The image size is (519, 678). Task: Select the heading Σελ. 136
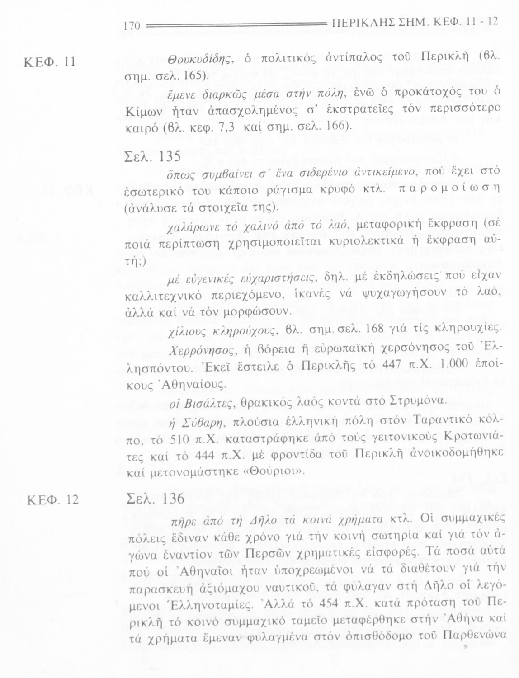point(154,499)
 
